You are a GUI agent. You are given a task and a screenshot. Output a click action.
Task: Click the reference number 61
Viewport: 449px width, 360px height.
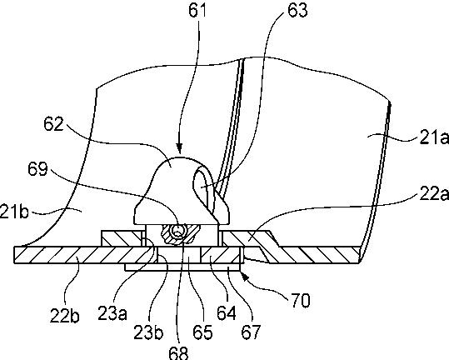click(x=197, y=11)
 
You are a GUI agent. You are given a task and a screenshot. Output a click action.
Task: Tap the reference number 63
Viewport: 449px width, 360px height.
click(x=297, y=11)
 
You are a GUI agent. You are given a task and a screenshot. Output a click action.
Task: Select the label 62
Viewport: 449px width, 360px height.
click(x=53, y=124)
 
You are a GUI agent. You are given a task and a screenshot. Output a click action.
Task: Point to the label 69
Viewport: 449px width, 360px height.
click(x=37, y=168)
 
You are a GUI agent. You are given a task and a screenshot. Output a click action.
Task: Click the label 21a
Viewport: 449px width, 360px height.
click(x=434, y=138)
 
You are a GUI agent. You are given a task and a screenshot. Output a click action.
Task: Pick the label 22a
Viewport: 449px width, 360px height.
click(x=434, y=194)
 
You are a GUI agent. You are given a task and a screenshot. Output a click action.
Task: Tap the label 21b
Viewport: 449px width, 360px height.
click(x=14, y=212)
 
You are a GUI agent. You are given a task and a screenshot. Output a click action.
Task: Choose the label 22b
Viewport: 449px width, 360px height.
click(x=64, y=315)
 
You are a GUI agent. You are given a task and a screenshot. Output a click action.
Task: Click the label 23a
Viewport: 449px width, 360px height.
click(x=112, y=313)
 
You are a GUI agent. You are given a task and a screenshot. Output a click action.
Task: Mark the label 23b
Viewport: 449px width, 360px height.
click(x=148, y=332)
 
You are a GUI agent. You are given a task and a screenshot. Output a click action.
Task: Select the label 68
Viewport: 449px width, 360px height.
click(x=179, y=353)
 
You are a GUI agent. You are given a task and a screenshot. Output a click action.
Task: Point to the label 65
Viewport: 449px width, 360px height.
click(x=202, y=332)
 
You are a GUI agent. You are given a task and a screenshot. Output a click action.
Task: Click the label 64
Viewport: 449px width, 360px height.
click(x=227, y=313)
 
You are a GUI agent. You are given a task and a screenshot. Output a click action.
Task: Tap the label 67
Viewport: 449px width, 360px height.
click(x=251, y=332)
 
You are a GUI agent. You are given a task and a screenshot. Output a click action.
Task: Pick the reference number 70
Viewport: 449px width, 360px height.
click(x=301, y=301)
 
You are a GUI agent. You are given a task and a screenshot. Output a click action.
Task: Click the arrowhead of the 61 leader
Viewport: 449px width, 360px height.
click(x=179, y=148)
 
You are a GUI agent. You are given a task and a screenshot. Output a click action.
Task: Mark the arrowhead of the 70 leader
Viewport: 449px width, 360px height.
click(x=245, y=276)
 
